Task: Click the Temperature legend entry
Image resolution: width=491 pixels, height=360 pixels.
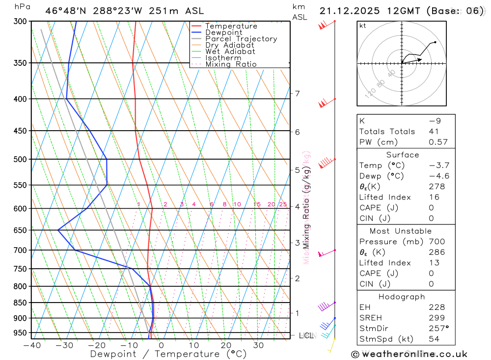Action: [x=231, y=26]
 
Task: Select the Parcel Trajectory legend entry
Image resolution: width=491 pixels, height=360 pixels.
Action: [x=241, y=39]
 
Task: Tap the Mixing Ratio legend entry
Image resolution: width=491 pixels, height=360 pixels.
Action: [x=231, y=64]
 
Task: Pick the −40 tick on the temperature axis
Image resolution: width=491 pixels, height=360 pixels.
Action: [x=32, y=345]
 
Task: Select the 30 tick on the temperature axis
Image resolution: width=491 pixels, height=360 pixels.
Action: [x=258, y=345]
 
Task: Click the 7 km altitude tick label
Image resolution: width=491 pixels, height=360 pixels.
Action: [x=297, y=93]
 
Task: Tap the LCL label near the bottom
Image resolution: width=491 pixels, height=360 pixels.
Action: [x=305, y=336]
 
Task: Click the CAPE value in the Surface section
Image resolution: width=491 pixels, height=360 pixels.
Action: [x=431, y=208]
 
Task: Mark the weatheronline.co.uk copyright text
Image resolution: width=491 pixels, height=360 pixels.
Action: [x=409, y=354]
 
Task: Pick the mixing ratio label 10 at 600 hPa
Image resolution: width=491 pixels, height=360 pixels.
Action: [x=237, y=204]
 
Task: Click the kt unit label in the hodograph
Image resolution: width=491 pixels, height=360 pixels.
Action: [x=363, y=26]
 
